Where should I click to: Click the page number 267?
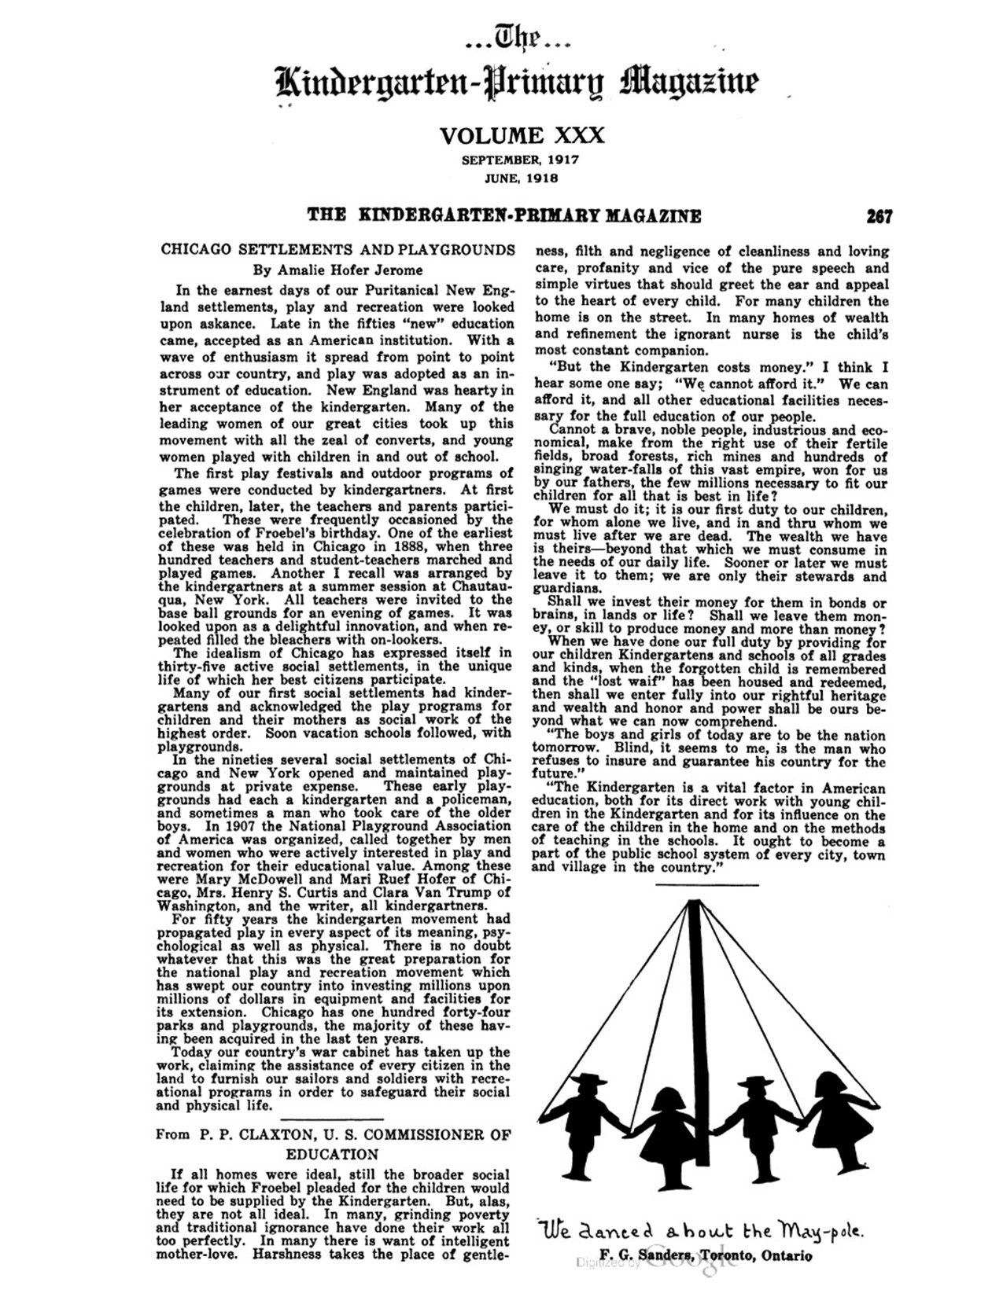click(x=879, y=216)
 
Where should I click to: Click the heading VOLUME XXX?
click(x=522, y=136)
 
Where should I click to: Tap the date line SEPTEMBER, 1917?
click(x=521, y=160)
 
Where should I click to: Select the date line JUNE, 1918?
click(x=521, y=178)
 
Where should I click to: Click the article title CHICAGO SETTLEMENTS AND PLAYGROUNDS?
click(x=337, y=250)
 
